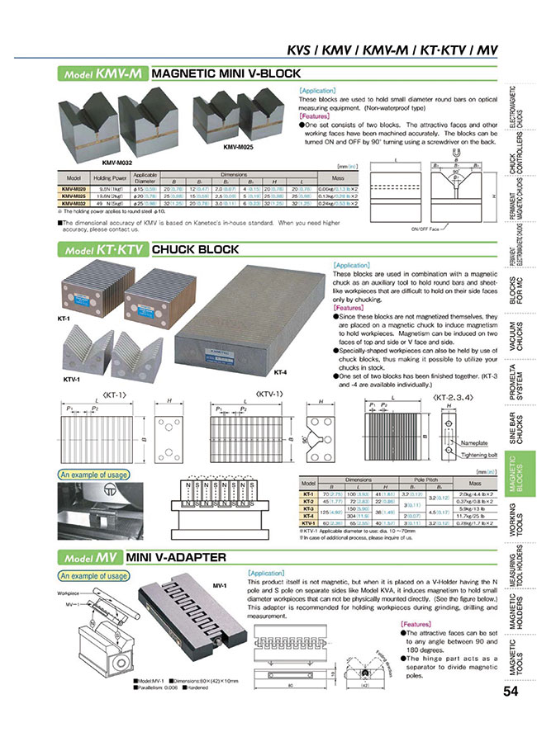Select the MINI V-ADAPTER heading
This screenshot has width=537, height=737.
click(178, 558)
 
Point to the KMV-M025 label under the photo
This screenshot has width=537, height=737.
click(238, 147)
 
